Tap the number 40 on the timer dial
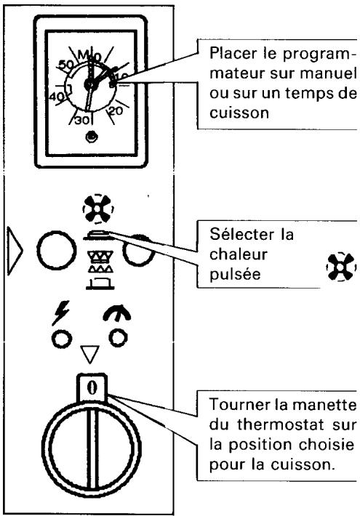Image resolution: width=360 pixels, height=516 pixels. (56, 97)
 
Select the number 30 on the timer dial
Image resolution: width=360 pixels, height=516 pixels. (81, 120)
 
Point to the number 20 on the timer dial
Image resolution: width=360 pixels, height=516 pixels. (116, 111)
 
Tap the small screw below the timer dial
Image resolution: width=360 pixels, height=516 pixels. (91, 137)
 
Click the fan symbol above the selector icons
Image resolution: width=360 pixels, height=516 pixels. (98, 209)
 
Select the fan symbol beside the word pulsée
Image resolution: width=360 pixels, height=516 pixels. (341, 267)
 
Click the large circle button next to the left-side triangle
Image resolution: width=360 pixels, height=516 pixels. (56, 250)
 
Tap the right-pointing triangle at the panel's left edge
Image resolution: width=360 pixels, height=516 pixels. (15, 251)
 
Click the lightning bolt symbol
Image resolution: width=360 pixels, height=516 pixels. (60, 313)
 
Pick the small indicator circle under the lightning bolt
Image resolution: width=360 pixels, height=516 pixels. (62, 339)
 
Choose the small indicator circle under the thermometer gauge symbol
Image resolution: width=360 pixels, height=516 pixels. (119, 338)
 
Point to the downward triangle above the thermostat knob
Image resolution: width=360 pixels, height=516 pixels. (90, 354)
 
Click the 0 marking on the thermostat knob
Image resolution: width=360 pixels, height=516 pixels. (92, 387)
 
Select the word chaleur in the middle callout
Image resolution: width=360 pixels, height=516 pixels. (238, 254)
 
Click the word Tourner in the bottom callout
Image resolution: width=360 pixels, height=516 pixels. (239, 405)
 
